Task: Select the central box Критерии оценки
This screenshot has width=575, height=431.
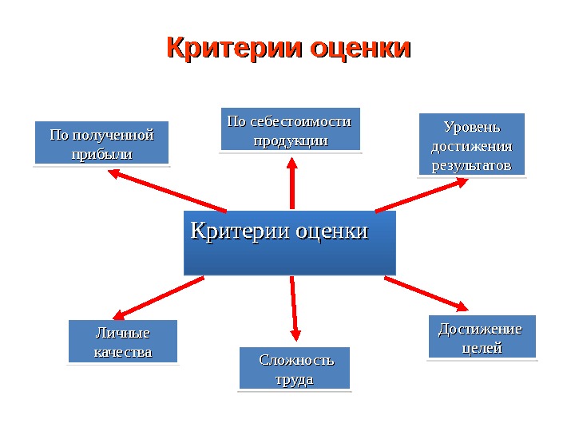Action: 290,243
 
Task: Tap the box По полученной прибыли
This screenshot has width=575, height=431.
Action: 101,143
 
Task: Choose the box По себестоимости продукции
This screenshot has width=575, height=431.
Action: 290,129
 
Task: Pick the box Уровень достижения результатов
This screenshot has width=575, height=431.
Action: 471,144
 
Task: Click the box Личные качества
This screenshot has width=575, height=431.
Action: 122,341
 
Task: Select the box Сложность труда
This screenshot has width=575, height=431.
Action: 295,368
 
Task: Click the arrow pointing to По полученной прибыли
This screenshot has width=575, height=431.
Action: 167,195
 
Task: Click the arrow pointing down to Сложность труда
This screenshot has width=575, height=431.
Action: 294,307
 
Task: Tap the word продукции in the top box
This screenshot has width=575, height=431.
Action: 290,140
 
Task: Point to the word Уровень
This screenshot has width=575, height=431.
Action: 471,127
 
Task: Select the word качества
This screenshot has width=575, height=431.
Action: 122,351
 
